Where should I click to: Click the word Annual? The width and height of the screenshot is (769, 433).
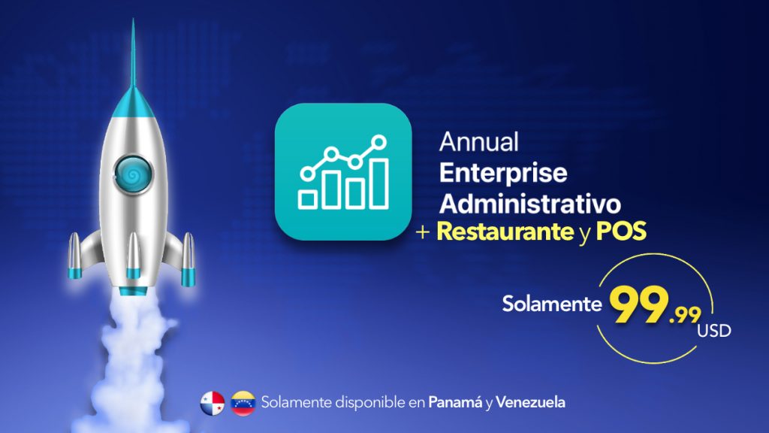pyautogui.click(x=478, y=142)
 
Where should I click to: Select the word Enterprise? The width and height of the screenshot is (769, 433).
pyautogui.click(x=503, y=174)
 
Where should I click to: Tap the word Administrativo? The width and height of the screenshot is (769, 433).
pyautogui.click(x=530, y=204)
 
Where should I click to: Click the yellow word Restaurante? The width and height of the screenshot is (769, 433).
pyautogui.click(x=505, y=232)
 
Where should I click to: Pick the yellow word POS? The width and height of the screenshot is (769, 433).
pyautogui.click(x=621, y=232)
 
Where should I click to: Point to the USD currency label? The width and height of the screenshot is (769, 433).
pyautogui.click(x=714, y=331)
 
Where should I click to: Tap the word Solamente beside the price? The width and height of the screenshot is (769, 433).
pyautogui.click(x=552, y=304)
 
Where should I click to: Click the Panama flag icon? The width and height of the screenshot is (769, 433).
pyautogui.click(x=213, y=403)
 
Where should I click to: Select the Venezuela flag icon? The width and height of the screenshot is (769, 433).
pyautogui.click(x=243, y=403)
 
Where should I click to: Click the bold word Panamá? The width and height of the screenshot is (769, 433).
pyautogui.click(x=455, y=403)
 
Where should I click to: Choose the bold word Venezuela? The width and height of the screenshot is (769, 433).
pyautogui.click(x=530, y=403)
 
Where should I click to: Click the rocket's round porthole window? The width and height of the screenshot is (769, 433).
pyautogui.click(x=133, y=174)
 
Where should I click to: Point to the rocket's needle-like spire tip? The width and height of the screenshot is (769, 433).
pyautogui.click(x=133, y=20)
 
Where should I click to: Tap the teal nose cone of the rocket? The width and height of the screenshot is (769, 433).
pyautogui.click(x=133, y=102)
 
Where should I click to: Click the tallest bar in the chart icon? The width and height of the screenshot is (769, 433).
pyautogui.click(x=379, y=183)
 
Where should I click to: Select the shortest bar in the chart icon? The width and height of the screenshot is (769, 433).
pyautogui.click(x=307, y=200)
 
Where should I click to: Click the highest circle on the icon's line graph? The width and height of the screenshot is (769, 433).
pyautogui.click(x=378, y=143)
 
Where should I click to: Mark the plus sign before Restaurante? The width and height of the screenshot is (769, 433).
pyautogui.click(x=423, y=232)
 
